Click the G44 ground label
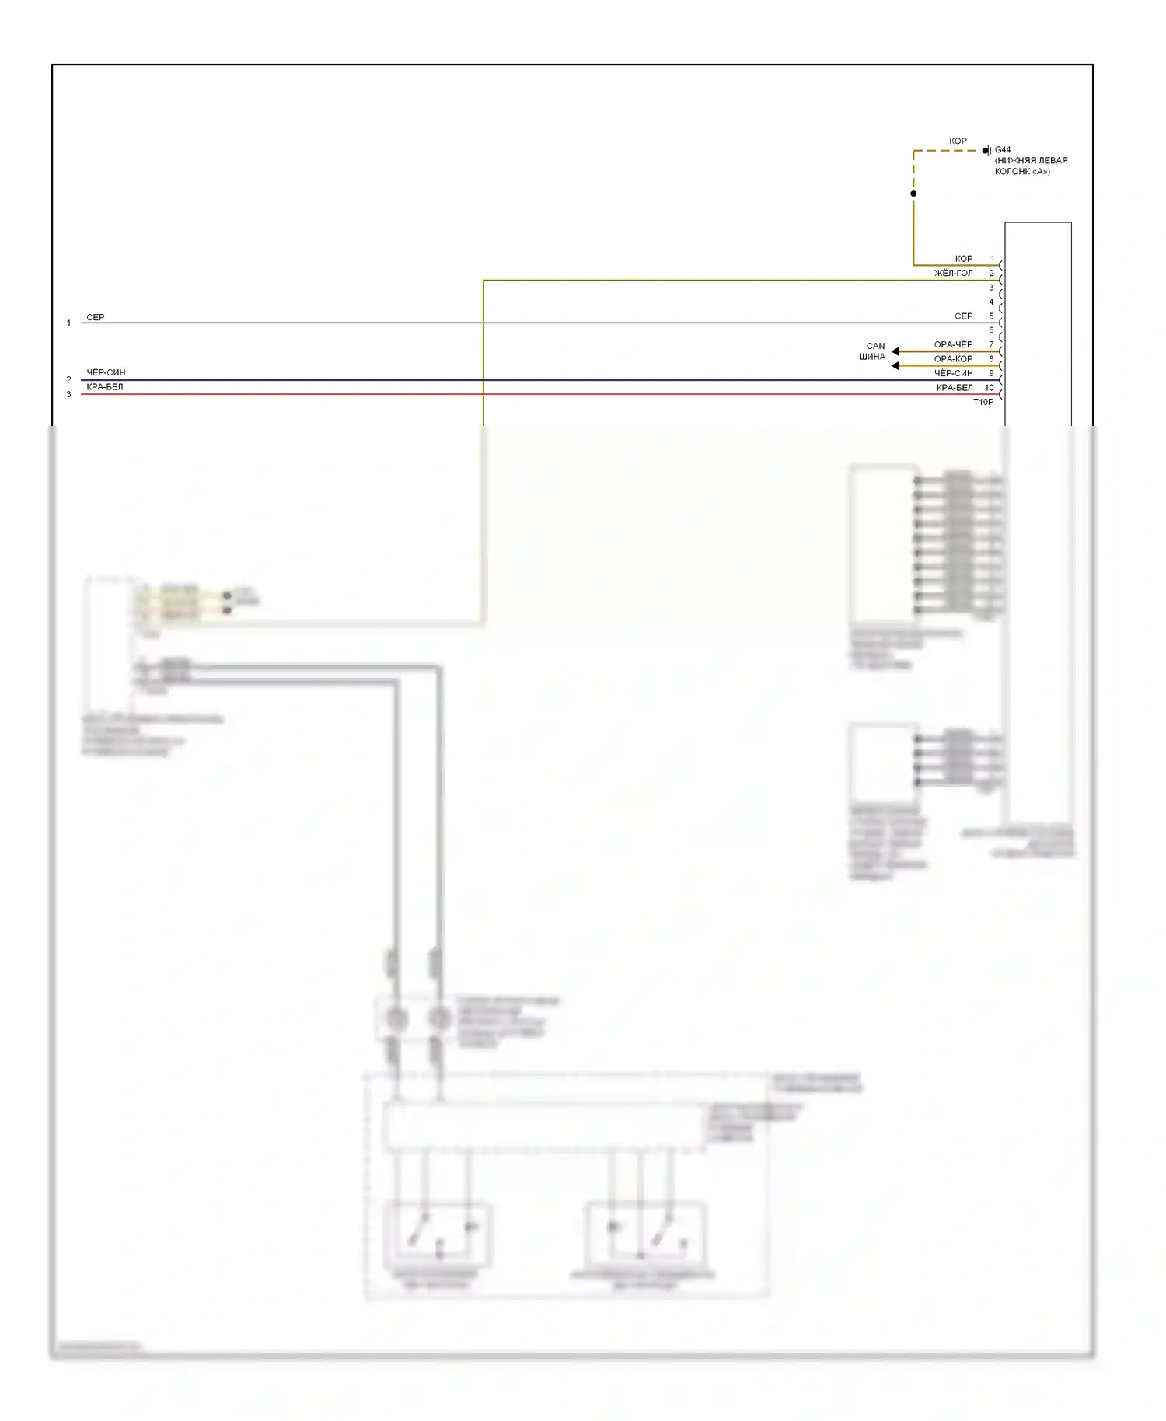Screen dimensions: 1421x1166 tap(1003, 150)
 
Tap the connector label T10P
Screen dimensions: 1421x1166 tap(983, 402)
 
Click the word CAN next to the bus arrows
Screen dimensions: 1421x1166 tap(875, 346)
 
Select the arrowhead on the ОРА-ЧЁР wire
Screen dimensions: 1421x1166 tap(895, 351)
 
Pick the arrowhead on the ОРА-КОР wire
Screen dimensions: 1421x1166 tap(895, 365)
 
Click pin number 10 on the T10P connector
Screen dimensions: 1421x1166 tap(989, 387)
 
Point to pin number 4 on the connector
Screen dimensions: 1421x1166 tap(991, 302)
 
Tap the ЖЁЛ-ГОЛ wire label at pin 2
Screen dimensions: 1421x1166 tap(953, 273)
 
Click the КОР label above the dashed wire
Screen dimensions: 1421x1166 tap(958, 141)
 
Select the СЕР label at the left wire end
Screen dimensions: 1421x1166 tap(95, 317)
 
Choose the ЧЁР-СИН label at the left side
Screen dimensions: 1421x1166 tap(106, 372)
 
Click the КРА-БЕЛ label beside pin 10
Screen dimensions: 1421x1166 tap(954, 387)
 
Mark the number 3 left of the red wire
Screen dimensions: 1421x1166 tap(68, 394)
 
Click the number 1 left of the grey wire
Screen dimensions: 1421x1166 tap(68, 323)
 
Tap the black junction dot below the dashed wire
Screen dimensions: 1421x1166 tap(913, 194)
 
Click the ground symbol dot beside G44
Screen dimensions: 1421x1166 tap(985, 151)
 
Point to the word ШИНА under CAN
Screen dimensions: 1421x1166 tap(871, 357)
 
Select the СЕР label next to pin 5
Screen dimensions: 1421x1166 tap(963, 316)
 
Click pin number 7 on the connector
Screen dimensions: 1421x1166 tap(991, 344)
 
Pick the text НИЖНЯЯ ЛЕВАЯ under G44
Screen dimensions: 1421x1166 tap(1031, 161)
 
